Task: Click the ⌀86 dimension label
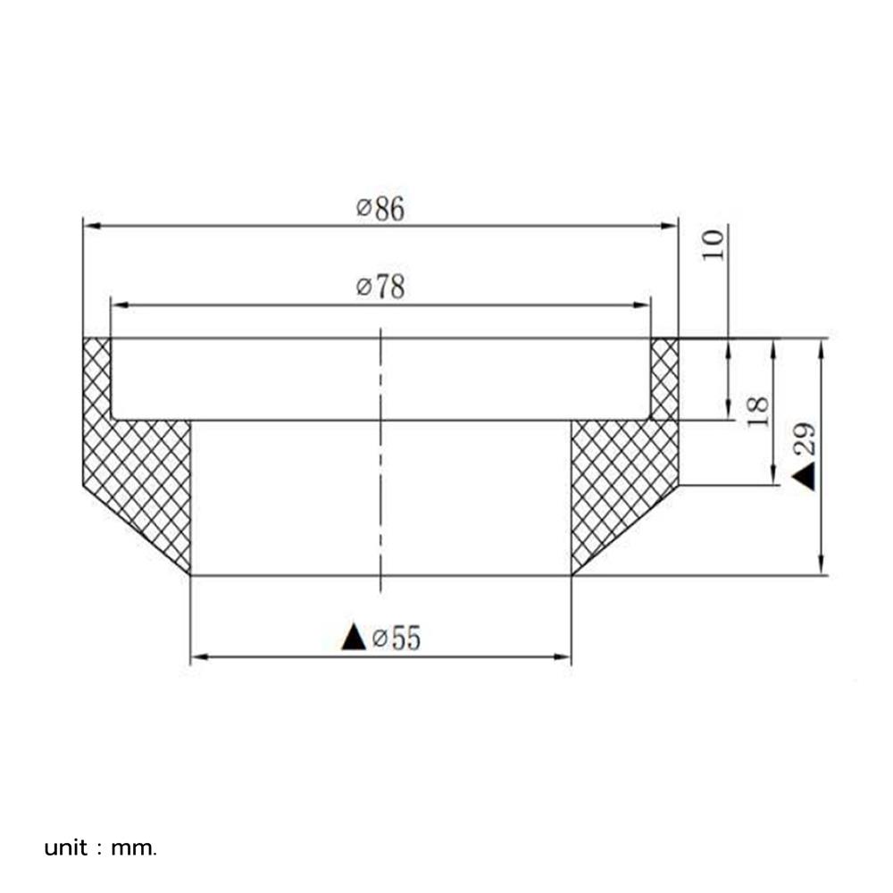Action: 380,209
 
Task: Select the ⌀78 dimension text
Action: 380,288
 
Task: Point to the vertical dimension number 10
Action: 714,244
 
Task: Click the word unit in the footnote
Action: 66,847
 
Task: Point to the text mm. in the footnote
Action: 134,847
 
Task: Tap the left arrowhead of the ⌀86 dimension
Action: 90,227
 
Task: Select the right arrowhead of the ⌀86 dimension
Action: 671,227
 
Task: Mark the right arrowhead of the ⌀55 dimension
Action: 563,657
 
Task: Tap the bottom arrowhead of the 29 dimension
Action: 822,567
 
